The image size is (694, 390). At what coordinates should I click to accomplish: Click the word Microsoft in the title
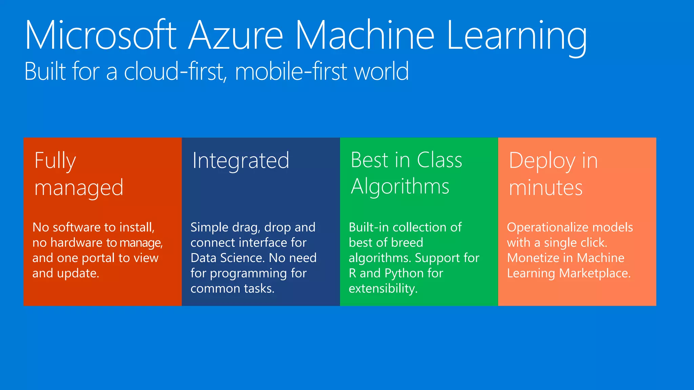101,36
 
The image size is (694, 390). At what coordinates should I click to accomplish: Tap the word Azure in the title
236,36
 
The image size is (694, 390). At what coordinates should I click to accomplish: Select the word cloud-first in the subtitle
175,71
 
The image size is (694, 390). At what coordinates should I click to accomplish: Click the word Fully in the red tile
55,161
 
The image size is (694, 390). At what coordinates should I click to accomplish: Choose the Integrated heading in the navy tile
241,161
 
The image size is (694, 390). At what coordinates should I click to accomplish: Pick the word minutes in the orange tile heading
546,188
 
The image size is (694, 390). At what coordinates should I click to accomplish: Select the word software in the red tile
78,227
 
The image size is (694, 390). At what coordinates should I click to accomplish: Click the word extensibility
383,289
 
